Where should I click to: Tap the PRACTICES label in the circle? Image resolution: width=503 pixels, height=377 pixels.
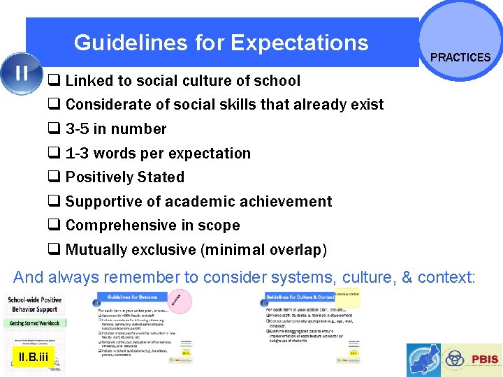[x=460, y=57]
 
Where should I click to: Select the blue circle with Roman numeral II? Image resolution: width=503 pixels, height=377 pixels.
[x=21, y=73]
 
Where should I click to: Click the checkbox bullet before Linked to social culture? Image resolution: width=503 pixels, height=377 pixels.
[x=54, y=81]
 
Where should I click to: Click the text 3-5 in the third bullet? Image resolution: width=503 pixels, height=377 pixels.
[x=79, y=129]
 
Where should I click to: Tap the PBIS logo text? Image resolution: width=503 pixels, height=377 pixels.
[x=483, y=360]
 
